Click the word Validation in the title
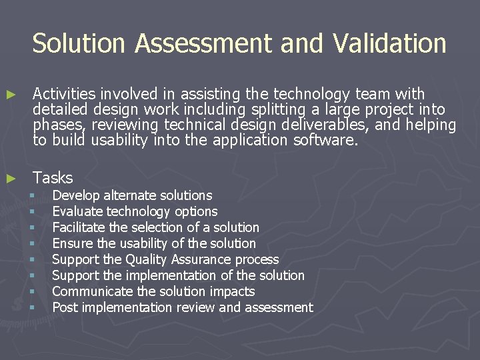point(390,43)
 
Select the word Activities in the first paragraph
point(64,94)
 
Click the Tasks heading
point(53,178)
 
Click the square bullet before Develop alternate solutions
point(31,196)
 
